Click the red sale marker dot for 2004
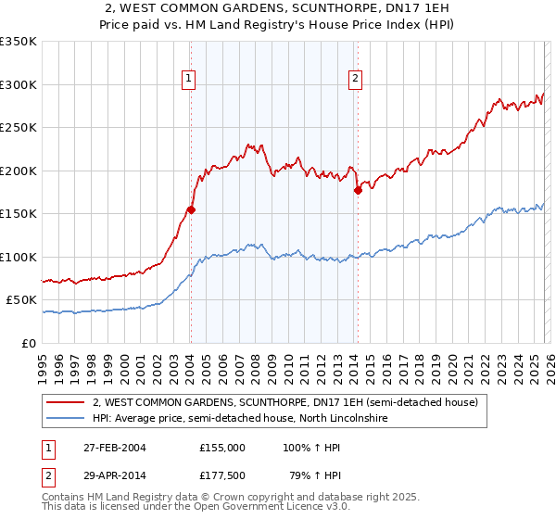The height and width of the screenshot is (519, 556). (x=191, y=209)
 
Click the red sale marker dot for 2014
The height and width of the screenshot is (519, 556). (x=358, y=190)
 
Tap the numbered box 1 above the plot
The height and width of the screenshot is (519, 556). (x=189, y=80)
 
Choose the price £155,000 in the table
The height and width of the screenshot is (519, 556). (x=222, y=447)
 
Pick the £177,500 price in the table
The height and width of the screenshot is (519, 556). (x=222, y=476)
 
